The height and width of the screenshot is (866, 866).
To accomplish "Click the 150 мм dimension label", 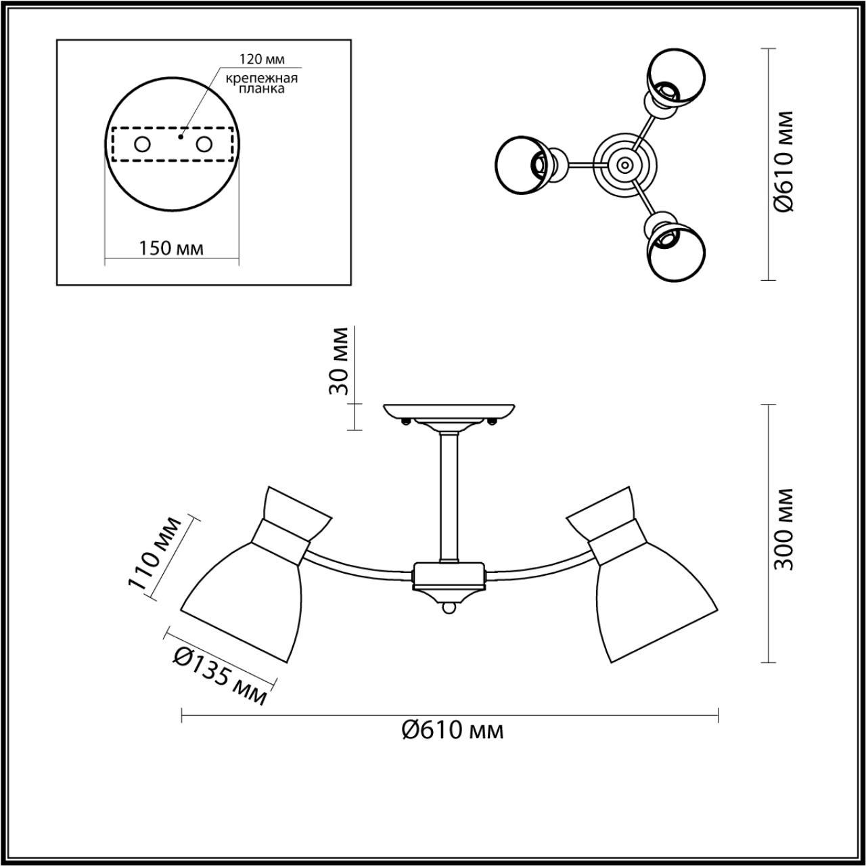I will point(171,248).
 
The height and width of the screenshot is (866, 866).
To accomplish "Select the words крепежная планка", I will point(262,83).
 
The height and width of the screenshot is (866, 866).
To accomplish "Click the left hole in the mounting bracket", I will point(142,144).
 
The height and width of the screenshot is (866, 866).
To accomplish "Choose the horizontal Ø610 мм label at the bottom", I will point(452,730).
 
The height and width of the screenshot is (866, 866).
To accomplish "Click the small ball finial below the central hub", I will point(449,609).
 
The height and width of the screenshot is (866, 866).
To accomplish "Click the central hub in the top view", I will point(623,164).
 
